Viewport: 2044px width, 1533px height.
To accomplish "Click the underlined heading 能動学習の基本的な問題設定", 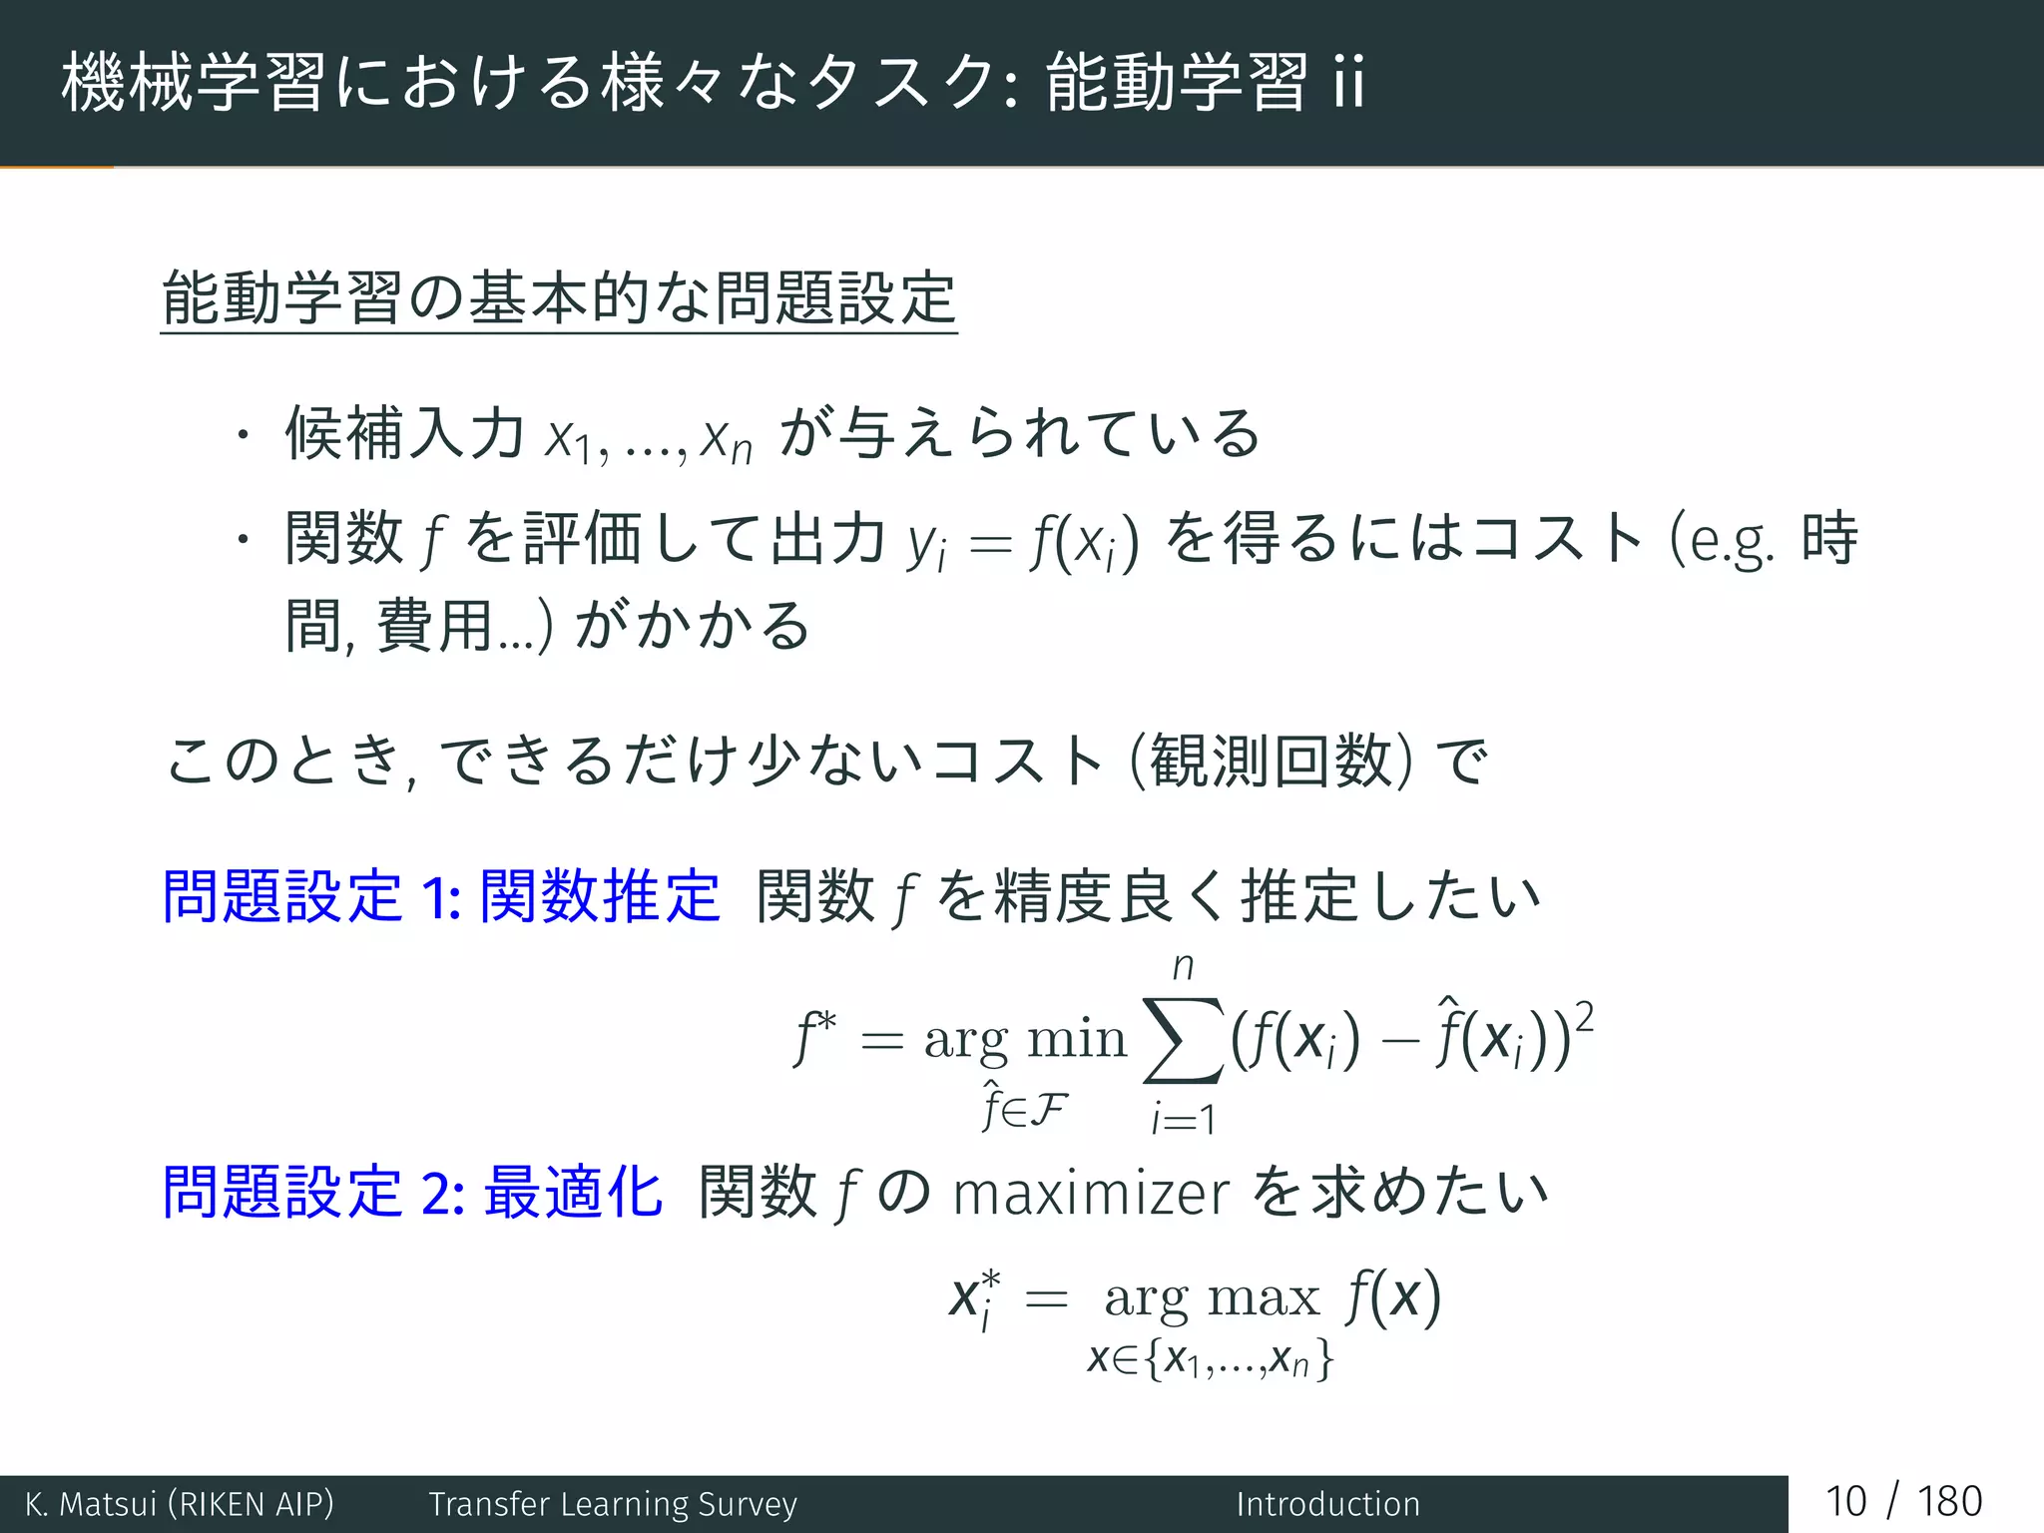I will pyautogui.click(x=559, y=298).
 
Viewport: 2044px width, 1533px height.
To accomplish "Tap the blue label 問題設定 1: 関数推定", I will pyautogui.click(x=440, y=895).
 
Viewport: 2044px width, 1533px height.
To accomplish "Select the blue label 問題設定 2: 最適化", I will pyautogui.click(x=412, y=1192).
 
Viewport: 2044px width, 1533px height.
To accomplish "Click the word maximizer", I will pyautogui.click(x=1090, y=1194).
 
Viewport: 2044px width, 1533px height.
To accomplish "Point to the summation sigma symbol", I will pyautogui.click(x=1183, y=1040).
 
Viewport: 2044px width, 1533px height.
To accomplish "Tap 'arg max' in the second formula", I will pyautogui.click(x=1212, y=1296).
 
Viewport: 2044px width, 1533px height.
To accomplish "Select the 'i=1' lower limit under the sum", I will pyautogui.click(x=1183, y=1119).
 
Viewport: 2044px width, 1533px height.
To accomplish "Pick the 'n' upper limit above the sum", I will pyautogui.click(x=1183, y=965).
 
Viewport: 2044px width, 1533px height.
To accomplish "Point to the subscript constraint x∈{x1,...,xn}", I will pyautogui.click(x=1210, y=1359).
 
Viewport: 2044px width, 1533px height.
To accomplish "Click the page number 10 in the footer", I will pyautogui.click(x=1845, y=1502).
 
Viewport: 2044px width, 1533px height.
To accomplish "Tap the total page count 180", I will pyautogui.click(x=1949, y=1502).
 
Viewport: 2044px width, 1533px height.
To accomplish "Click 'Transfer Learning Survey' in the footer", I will pyautogui.click(x=613, y=1504).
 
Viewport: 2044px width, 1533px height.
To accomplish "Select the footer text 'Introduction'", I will pyautogui.click(x=1327, y=1504).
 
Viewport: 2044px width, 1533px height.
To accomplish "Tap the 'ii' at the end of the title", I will pyautogui.click(x=1348, y=82).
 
